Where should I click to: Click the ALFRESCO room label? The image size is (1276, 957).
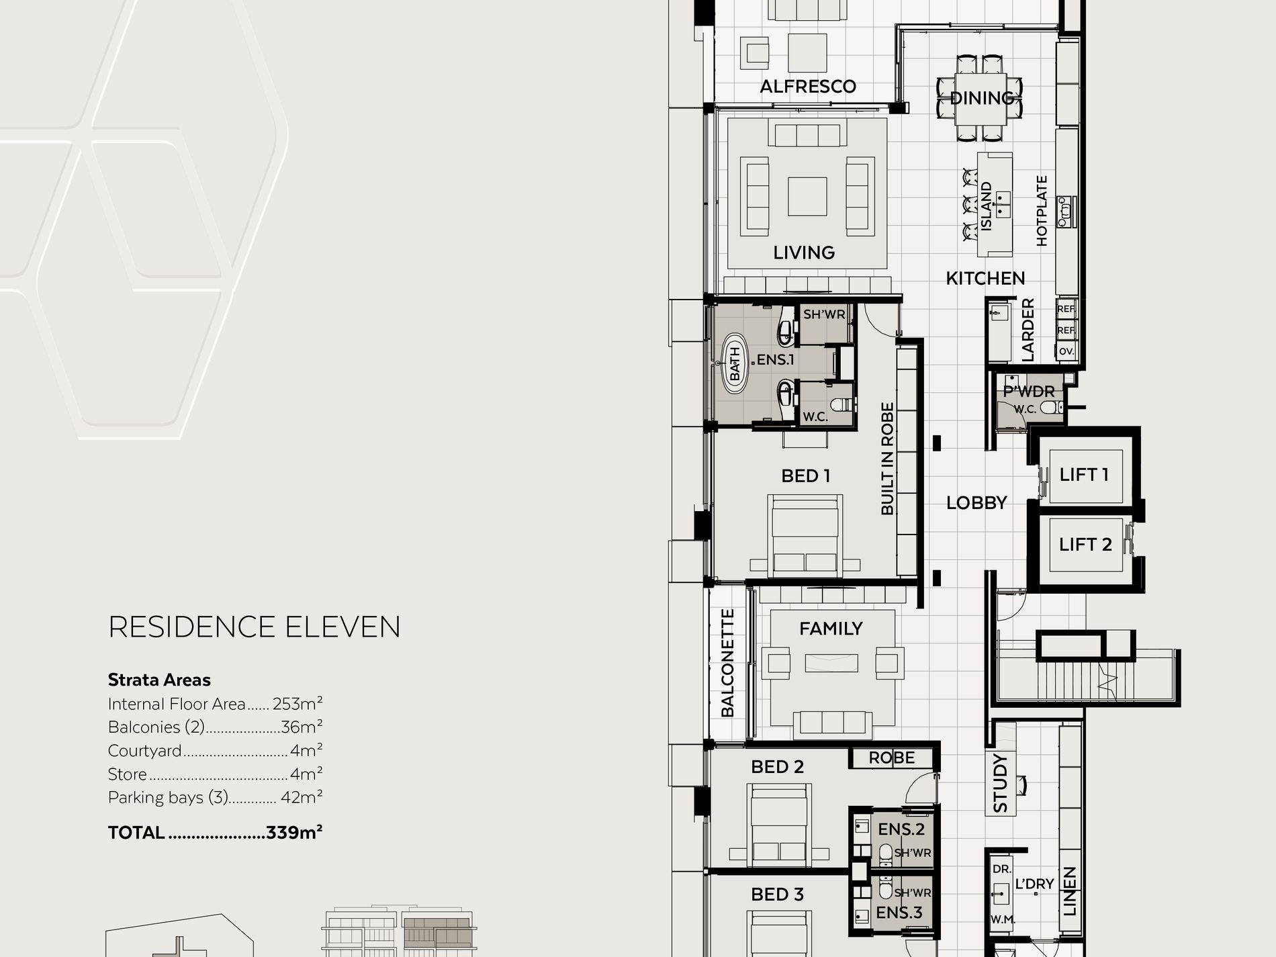pos(808,86)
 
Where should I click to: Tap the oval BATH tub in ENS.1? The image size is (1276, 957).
pos(735,363)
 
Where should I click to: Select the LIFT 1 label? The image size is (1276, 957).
pos(1084,474)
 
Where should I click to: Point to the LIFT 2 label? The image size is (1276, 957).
pos(1085,544)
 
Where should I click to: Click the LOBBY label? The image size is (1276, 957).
pos(976,502)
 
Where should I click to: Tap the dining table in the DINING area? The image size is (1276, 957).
pos(982,99)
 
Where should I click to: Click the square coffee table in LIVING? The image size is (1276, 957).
pos(807,196)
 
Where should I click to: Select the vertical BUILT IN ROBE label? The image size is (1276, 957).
pos(887,459)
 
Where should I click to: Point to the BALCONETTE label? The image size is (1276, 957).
pos(727,663)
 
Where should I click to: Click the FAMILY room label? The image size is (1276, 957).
pos(831,629)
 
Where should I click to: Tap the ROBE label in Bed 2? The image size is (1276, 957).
pos(891,758)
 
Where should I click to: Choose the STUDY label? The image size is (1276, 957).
pos(1000,783)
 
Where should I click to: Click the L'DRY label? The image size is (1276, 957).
pos(1034,884)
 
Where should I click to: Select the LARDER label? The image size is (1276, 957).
pos(1028,330)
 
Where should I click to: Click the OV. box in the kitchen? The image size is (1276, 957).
pos(1066,351)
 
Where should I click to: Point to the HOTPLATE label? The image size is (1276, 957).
pos(1042,211)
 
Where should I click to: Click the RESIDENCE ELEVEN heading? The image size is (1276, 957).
pos(255,627)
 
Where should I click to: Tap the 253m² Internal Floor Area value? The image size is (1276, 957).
pos(298,704)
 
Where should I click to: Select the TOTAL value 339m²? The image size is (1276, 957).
pos(294,832)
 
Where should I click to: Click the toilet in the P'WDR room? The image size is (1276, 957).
pos(1051,407)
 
